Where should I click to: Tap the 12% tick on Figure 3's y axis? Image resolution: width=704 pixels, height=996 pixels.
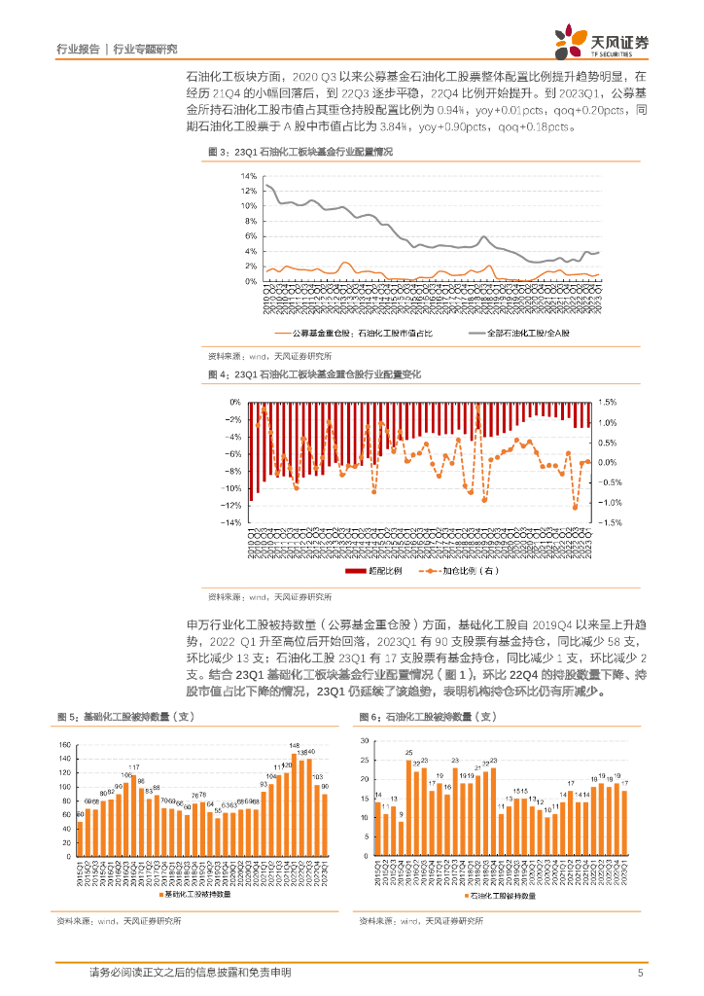[249, 191]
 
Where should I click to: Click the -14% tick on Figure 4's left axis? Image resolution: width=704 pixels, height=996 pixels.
[233, 522]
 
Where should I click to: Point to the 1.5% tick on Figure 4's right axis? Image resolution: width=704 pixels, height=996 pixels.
[608, 402]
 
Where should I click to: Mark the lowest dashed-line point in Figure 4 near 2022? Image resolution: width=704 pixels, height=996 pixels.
[575, 507]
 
